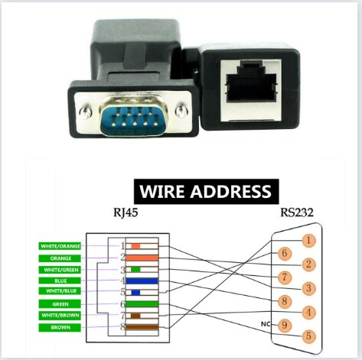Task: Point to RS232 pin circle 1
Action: click(x=308, y=241)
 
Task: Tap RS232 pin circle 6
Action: click(x=284, y=253)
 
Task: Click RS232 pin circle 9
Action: click(x=284, y=324)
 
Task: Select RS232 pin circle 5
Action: click(x=308, y=336)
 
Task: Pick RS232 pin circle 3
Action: click(x=308, y=288)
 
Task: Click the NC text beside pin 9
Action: click(x=266, y=324)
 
